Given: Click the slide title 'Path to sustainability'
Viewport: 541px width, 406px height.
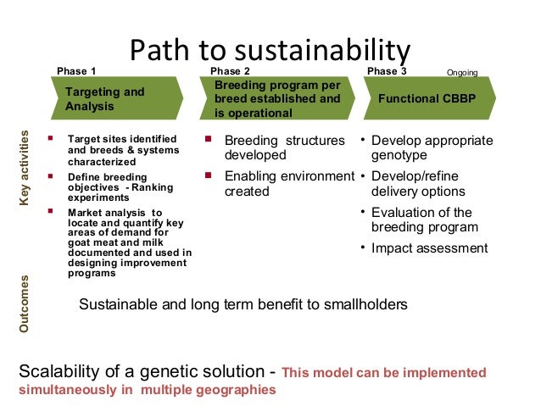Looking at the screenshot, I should click(270, 50).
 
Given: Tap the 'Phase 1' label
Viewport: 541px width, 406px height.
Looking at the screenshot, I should click(76, 71).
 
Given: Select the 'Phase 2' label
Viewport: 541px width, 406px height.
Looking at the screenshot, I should click(230, 71).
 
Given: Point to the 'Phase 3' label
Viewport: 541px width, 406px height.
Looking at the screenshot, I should click(386, 71).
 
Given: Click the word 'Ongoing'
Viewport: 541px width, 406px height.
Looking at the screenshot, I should click(462, 73).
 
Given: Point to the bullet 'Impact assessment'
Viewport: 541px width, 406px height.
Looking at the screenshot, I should click(429, 248).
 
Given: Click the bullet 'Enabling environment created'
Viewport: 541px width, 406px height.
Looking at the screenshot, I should click(288, 183).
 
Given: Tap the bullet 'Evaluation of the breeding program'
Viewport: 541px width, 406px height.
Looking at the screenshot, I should click(424, 220).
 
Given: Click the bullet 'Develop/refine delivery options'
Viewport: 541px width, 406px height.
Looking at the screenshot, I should click(424, 184).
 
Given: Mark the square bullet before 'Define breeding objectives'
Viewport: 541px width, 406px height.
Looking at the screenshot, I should click(52, 175).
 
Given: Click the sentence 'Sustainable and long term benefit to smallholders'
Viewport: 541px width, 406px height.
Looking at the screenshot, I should click(243, 304).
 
